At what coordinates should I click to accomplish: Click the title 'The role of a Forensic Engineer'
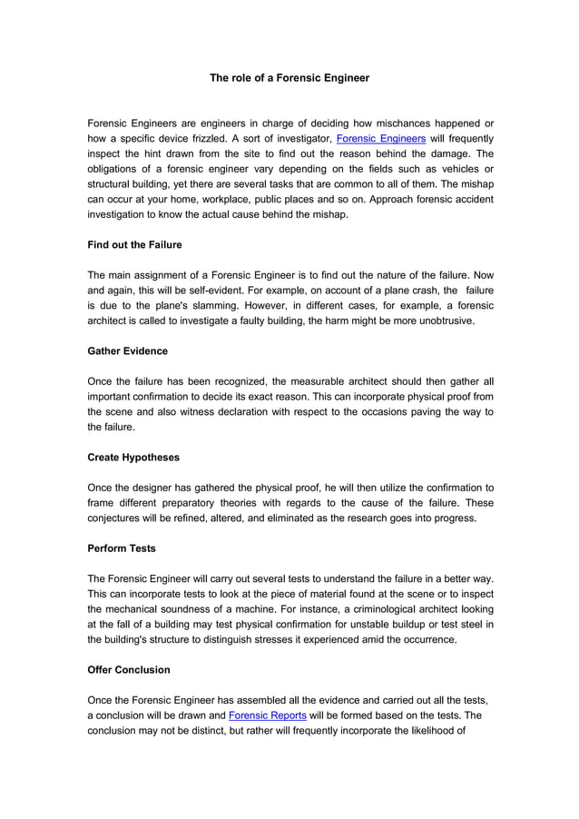point(289,78)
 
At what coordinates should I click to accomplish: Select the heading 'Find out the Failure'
point(134,244)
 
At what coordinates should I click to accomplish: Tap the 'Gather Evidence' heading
point(127,350)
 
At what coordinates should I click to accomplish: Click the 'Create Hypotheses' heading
point(132,458)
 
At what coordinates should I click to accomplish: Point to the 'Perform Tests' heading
point(122,548)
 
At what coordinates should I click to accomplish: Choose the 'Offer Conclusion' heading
point(128,670)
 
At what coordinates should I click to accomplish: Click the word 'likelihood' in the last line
point(426,731)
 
